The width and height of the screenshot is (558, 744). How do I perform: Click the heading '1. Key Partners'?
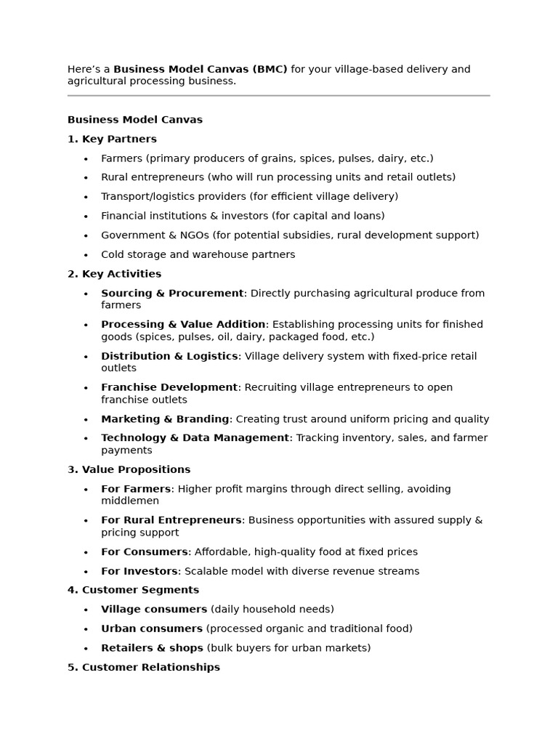[x=112, y=139]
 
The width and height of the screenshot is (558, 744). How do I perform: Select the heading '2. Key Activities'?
[x=114, y=274]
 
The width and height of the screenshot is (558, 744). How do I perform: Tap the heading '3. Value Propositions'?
[x=129, y=469]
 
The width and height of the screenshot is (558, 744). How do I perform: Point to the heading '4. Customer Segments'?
[x=133, y=590]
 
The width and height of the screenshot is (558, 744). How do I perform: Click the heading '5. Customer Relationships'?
[x=143, y=667]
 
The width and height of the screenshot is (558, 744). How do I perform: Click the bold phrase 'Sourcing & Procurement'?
[x=172, y=293]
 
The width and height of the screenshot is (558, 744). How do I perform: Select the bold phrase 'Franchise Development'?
[x=169, y=387]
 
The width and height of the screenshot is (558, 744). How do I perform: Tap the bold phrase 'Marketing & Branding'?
[x=165, y=419]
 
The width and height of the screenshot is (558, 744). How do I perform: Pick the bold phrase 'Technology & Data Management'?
[x=195, y=438]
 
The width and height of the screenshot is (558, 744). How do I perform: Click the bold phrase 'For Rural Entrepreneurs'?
[x=171, y=520]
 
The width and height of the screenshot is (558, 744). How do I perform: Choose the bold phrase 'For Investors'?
[x=139, y=571]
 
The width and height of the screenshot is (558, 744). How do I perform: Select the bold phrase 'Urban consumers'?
[x=152, y=628]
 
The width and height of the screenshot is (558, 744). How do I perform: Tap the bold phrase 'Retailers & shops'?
[x=152, y=647]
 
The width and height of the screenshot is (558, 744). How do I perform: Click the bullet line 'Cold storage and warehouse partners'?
[x=198, y=254]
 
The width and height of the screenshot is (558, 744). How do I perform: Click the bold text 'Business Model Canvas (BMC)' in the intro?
[x=200, y=69]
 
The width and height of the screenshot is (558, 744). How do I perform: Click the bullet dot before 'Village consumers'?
[x=86, y=610]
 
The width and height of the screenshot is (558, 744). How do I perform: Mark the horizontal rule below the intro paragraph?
[x=278, y=95]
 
